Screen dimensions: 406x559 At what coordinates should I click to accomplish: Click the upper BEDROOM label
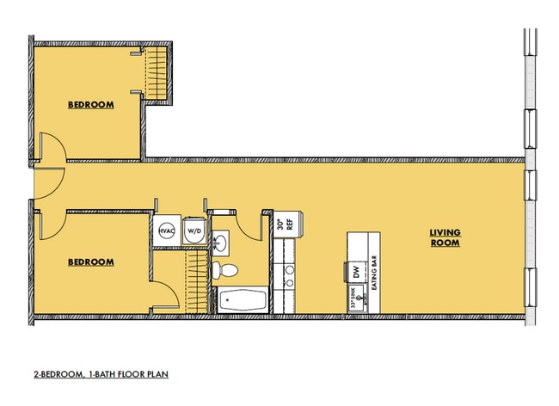(91, 105)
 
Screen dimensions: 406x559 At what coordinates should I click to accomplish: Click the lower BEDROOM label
(91, 261)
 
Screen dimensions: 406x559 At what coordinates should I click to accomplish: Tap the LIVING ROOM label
(445, 237)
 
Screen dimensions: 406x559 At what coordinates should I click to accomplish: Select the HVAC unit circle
(165, 231)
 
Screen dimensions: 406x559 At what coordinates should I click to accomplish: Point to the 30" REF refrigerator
(285, 221)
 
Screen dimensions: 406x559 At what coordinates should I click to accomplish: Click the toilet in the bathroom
(226, 271)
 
